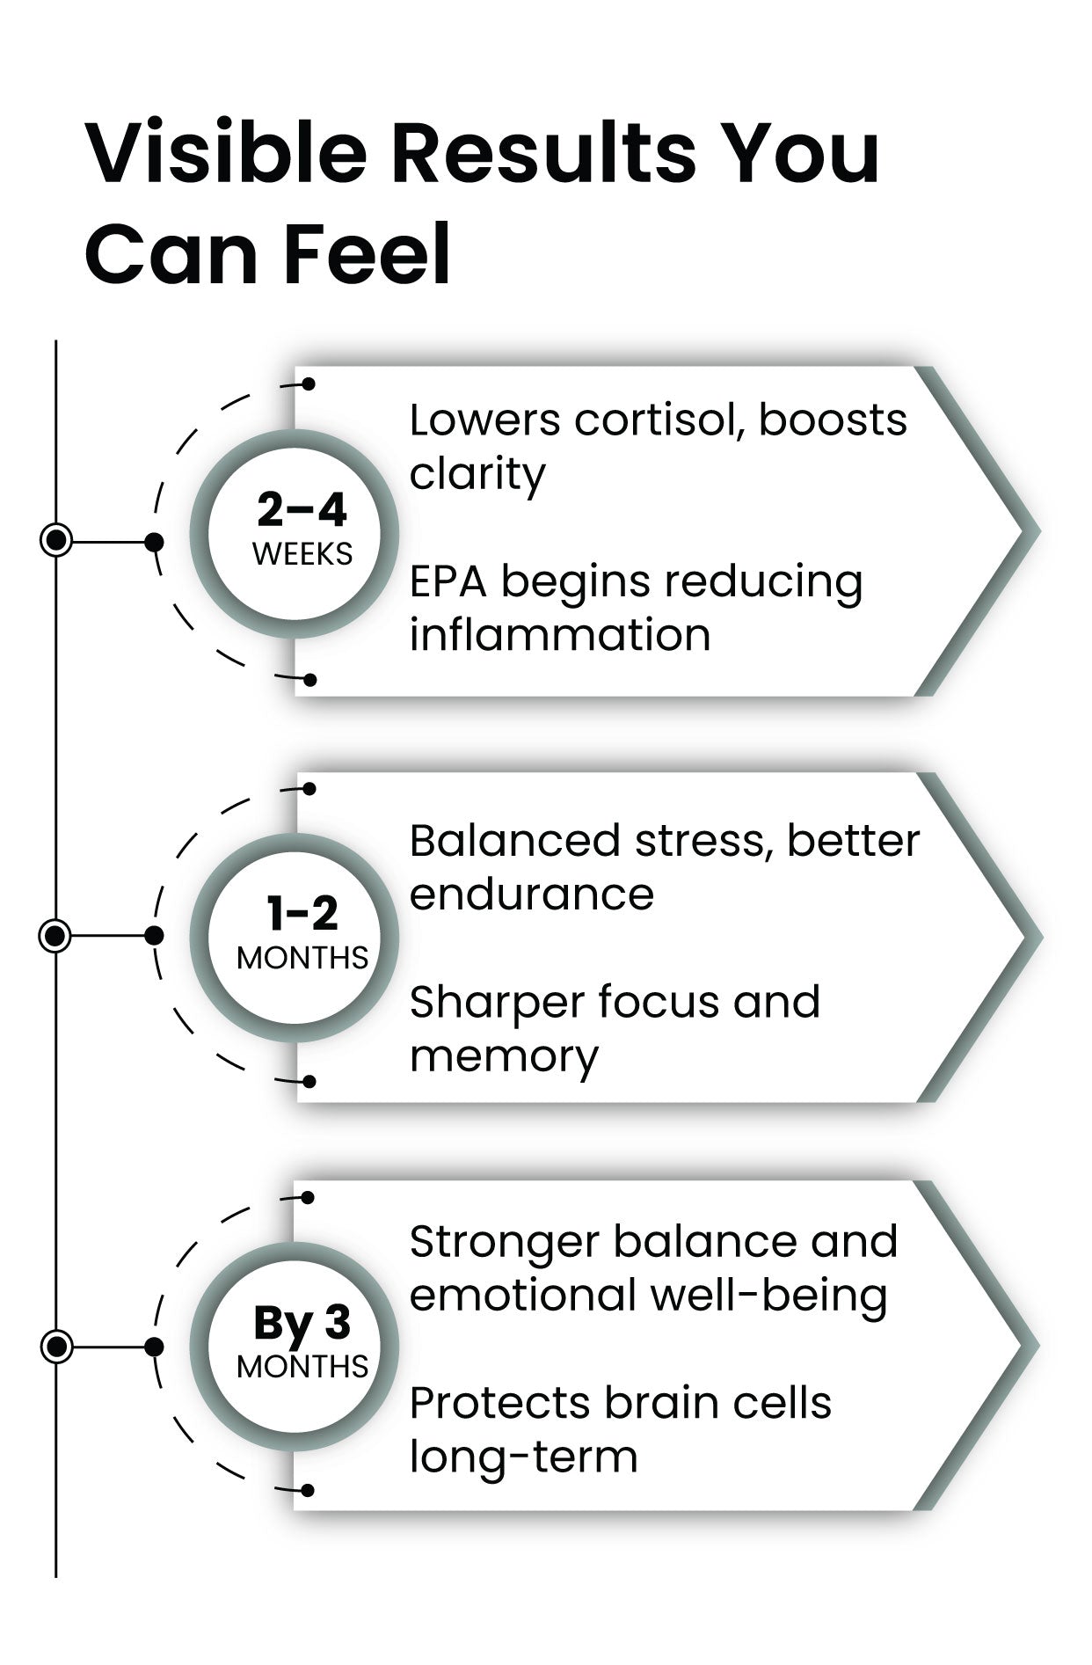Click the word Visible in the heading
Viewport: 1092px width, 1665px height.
(x=226, y=153)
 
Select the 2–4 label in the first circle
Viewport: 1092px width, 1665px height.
(x=302, y=509)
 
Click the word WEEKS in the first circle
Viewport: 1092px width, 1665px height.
(x=302, y=554)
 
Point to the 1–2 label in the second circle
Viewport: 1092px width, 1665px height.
(x=302, y=914)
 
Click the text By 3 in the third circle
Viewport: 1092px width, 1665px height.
(x=302, y=1323)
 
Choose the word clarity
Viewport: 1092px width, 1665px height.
(x=477, y=475)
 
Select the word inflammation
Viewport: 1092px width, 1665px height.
(x=560, y=634)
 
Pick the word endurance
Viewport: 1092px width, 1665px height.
(x=531, y=895)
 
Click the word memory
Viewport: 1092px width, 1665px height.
(x=504, y=1056)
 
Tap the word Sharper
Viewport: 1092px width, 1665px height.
(x=497, y=1003)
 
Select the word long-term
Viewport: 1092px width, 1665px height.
(x=523, y=1457)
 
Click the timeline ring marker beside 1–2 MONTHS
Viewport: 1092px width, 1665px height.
(x=56, y=935)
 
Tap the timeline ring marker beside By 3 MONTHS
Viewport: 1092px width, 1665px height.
(x=56, y=1346)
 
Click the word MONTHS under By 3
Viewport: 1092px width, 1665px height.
(x=302, y=1367)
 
